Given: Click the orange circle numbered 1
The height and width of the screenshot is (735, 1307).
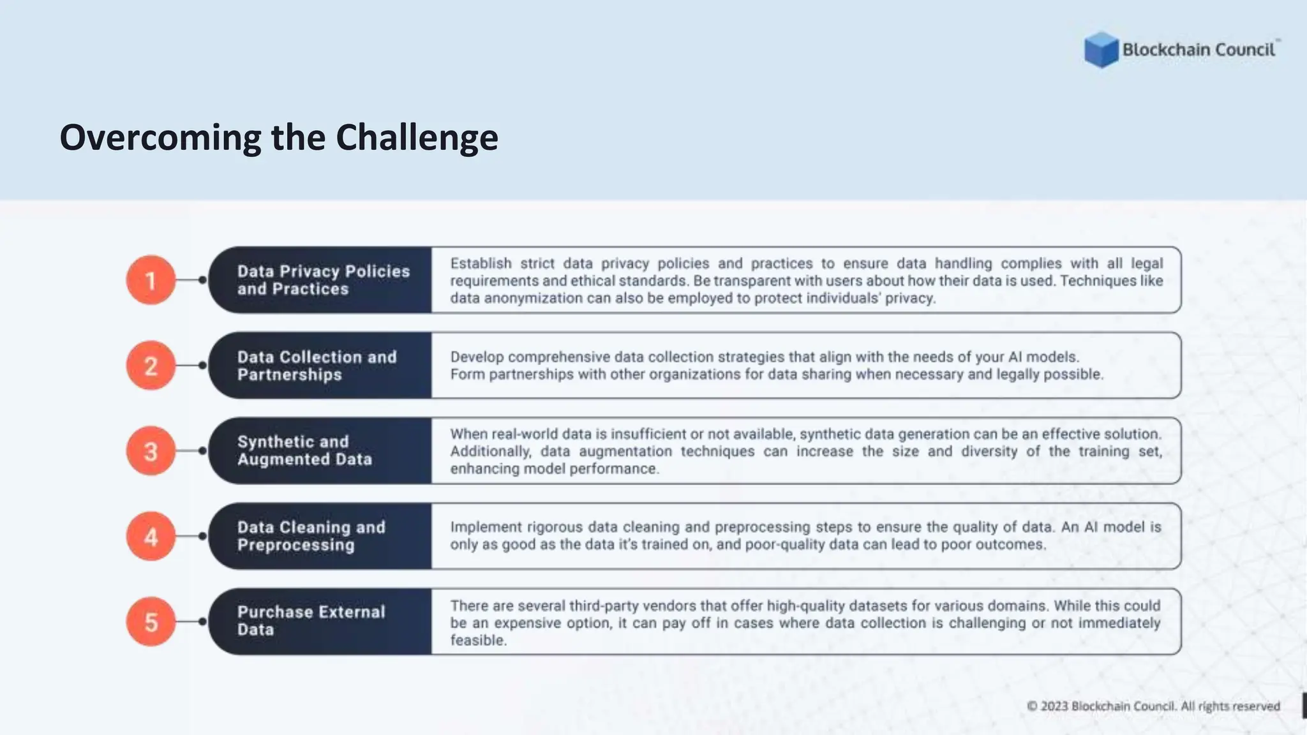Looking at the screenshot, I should pos(151,280).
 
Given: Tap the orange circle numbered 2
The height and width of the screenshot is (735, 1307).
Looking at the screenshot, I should pos(151,366).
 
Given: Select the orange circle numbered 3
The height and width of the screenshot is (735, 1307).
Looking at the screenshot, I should pos(151,451).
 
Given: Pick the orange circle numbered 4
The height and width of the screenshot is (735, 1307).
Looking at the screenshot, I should pos(151,537).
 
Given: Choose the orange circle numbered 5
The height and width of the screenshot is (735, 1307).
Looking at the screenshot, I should pos(151,622).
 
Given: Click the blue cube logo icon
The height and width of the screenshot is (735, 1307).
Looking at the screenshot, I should pos(1101,50).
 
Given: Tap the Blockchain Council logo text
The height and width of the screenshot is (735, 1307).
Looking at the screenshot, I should pos(1199,50).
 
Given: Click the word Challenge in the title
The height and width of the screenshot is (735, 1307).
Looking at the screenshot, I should pos(417,138).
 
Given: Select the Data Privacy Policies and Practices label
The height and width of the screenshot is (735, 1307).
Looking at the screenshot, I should pos(323,280).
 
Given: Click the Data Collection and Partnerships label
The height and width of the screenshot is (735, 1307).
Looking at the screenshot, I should pos(317,366).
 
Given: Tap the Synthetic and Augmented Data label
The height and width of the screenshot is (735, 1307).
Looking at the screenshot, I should pos(304,450).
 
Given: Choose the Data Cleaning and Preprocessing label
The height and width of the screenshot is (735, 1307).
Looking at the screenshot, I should pos(311,536).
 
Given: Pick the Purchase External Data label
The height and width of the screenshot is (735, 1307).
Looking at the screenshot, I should pos(311,621).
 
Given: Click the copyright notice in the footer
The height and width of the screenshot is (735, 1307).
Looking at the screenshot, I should pos(1153,706).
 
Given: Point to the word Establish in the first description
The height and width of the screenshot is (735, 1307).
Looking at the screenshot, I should pos(481,264).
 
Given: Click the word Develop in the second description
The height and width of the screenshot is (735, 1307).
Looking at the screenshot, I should pos(477,357).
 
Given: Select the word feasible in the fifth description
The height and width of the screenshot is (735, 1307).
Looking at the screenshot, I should pos(478,641).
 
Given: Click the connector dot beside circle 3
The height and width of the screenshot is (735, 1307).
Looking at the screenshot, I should pos(202,451).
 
